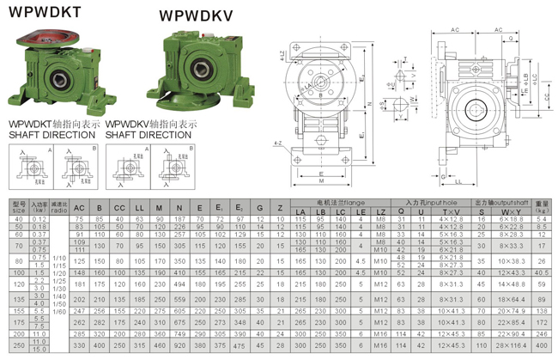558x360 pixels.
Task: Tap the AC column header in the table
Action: click(78, 208)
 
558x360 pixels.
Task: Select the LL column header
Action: click(139, 208)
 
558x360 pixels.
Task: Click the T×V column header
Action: click(450, 211)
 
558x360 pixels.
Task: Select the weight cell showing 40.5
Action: click(541, 272)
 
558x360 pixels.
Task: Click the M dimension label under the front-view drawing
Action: click(320, 182)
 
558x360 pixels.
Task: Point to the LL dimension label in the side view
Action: click(457, 182)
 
